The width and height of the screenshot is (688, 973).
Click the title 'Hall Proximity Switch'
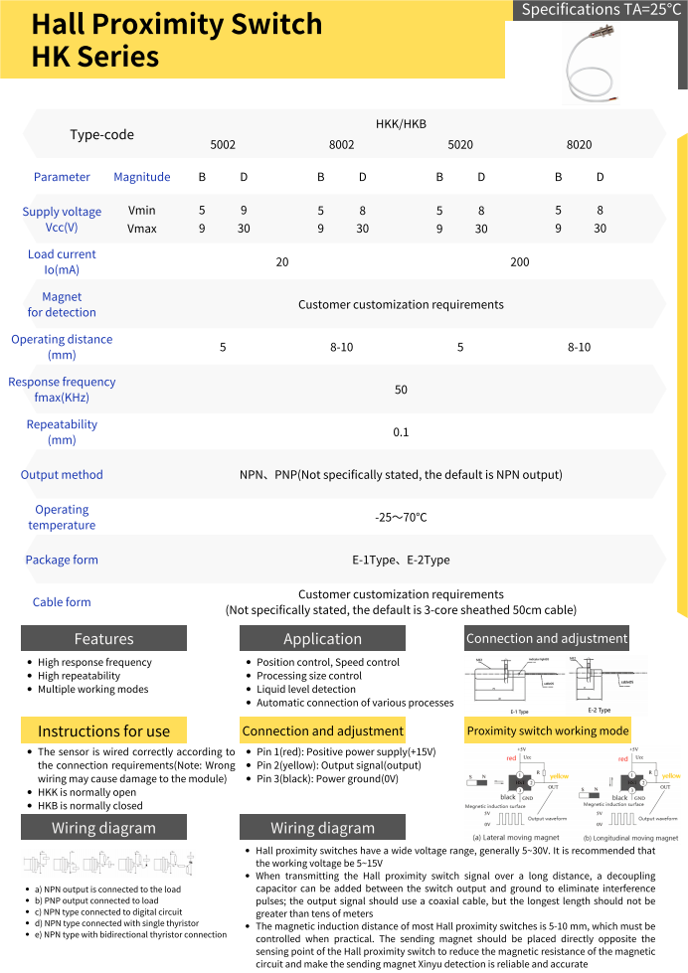(177, 24)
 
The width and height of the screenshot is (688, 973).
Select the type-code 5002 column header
(223, 145)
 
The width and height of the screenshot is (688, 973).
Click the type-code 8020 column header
(579, 145)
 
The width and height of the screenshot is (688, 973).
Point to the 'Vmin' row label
(142, 211)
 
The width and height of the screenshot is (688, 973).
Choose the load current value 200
(519, 262)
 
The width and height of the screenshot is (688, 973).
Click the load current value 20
(282, 262)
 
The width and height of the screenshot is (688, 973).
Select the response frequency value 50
(401, 390)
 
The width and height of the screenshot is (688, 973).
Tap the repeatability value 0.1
(401, 432)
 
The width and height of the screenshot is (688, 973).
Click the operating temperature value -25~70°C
(401, 518)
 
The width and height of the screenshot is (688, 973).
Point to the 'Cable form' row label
(62, 602)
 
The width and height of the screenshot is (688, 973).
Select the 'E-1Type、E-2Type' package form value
(401, 561)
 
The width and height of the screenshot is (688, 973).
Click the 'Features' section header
(103, 639)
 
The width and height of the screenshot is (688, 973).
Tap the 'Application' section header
(322, 639)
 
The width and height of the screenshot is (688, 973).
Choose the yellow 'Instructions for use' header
(103, 731)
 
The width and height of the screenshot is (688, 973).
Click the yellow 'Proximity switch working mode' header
(548, 731)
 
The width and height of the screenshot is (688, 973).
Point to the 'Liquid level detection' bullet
(306, 689)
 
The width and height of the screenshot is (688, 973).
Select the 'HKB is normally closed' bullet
(90, 806)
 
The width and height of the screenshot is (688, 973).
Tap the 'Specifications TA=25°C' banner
(602, 11)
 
